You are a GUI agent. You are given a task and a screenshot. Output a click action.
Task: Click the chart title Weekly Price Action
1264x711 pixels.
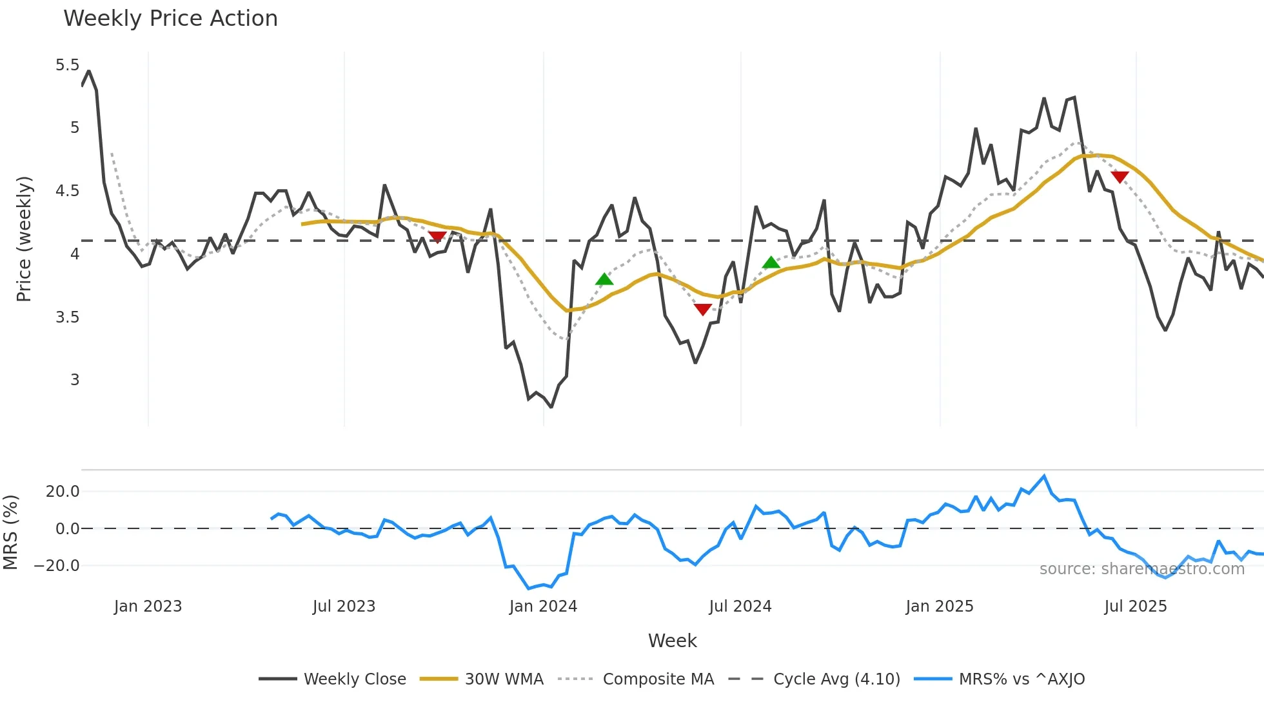pyautogui.click(x=170, y=19)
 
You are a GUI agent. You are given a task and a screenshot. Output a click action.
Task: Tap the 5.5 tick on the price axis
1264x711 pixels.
pyautogui.click(x=67, y=65)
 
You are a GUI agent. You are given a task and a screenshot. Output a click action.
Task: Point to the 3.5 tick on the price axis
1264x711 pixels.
pyautogui.click(x=67, y=317)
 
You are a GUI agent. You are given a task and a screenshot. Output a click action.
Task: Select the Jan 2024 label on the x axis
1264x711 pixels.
pyautogui.click(x=543, y=606)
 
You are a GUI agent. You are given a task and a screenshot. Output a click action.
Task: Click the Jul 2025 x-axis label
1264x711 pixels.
pyautogui.click(x=1135, y=606)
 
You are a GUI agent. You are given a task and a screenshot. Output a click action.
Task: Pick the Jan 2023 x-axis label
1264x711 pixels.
pyautogui.click(x=148, y=606)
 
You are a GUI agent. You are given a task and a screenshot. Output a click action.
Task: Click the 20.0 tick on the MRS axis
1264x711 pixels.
pyautogui.click(x=62, y=492)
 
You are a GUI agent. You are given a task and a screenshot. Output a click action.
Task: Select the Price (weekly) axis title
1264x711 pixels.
pyautogui.click(x=24, y=239)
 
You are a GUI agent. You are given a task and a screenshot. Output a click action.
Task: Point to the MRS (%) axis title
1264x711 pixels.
pyautogui.click(x=10, y=532)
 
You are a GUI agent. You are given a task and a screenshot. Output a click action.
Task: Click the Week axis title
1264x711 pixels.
pyautogui.click(x=672, y=641)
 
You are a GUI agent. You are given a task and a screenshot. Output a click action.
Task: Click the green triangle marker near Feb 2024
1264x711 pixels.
pyautogui.click(x=604, y=279)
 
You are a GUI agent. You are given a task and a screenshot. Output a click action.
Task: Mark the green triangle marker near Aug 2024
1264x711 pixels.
pyautogui.click(x=771, y=263)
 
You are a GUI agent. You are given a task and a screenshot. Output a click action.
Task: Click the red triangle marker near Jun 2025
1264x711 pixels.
pyautogui.click(x=1120, y=177)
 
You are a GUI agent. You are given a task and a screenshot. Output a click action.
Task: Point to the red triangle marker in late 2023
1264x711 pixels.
pyautogui.click(x=437, y=237)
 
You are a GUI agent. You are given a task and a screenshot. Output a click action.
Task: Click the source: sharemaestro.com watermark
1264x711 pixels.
pyautogui.click(x=1141, y=569)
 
